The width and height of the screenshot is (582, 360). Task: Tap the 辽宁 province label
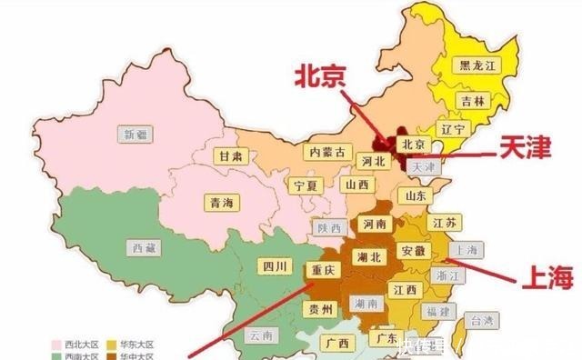[x=453, y=130]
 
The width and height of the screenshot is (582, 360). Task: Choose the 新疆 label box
[x=136, y=134]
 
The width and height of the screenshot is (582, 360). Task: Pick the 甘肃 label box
[x=229, y=155]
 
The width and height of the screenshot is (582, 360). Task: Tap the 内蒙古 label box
[x=326, y=152]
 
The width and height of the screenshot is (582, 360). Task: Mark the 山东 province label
[x=415, y=195]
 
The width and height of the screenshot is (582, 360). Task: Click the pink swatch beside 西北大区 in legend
[x=56, y=345]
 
